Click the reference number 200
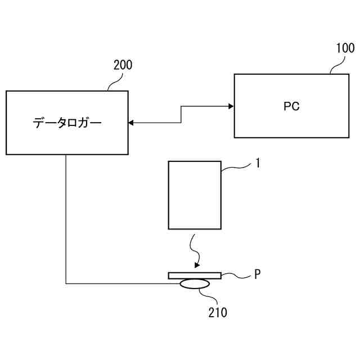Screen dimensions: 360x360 (x=123, y=65)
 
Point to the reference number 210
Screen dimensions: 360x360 (x=217, y=312)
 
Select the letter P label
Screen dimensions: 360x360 (x=257, y=274)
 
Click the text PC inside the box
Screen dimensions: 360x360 (x=291, y=106)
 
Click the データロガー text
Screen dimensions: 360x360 (x=67, y=123)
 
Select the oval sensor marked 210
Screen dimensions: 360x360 (x=193, y=285)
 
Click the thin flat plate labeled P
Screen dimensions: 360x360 (x=195, y=275)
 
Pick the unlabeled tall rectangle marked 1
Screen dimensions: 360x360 (x=195, y=195)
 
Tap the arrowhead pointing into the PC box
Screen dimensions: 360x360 (x=231, y=106)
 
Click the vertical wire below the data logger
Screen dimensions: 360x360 (x=66, y=219)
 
